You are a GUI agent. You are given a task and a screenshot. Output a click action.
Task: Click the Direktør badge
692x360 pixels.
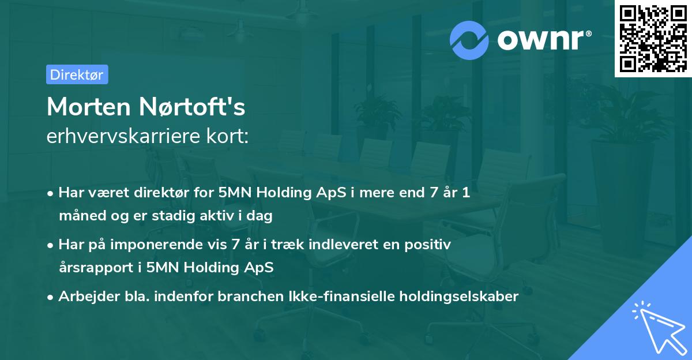[x=77, y=74]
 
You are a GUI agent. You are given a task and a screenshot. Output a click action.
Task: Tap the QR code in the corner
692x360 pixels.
[x=653, y=38]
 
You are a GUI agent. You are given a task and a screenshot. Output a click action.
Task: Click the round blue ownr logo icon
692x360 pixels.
[x=469, y=40]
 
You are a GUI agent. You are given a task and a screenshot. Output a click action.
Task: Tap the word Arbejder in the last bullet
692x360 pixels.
[x=84, y=297]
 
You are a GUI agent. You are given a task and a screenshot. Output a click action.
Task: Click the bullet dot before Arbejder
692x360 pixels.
[x=51, y=297]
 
